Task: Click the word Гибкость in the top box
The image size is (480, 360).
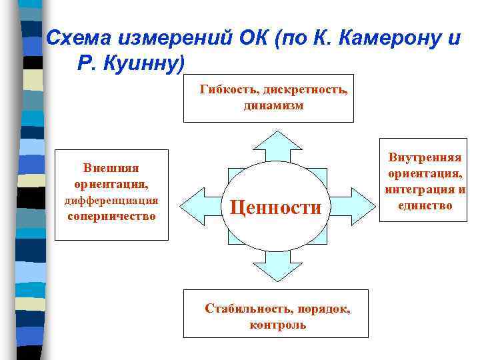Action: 228,89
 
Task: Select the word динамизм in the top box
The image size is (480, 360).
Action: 273,105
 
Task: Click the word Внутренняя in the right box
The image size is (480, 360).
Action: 425,158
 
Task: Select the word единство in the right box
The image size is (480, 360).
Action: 425,205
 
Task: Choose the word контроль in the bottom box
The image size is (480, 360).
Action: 278,325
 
